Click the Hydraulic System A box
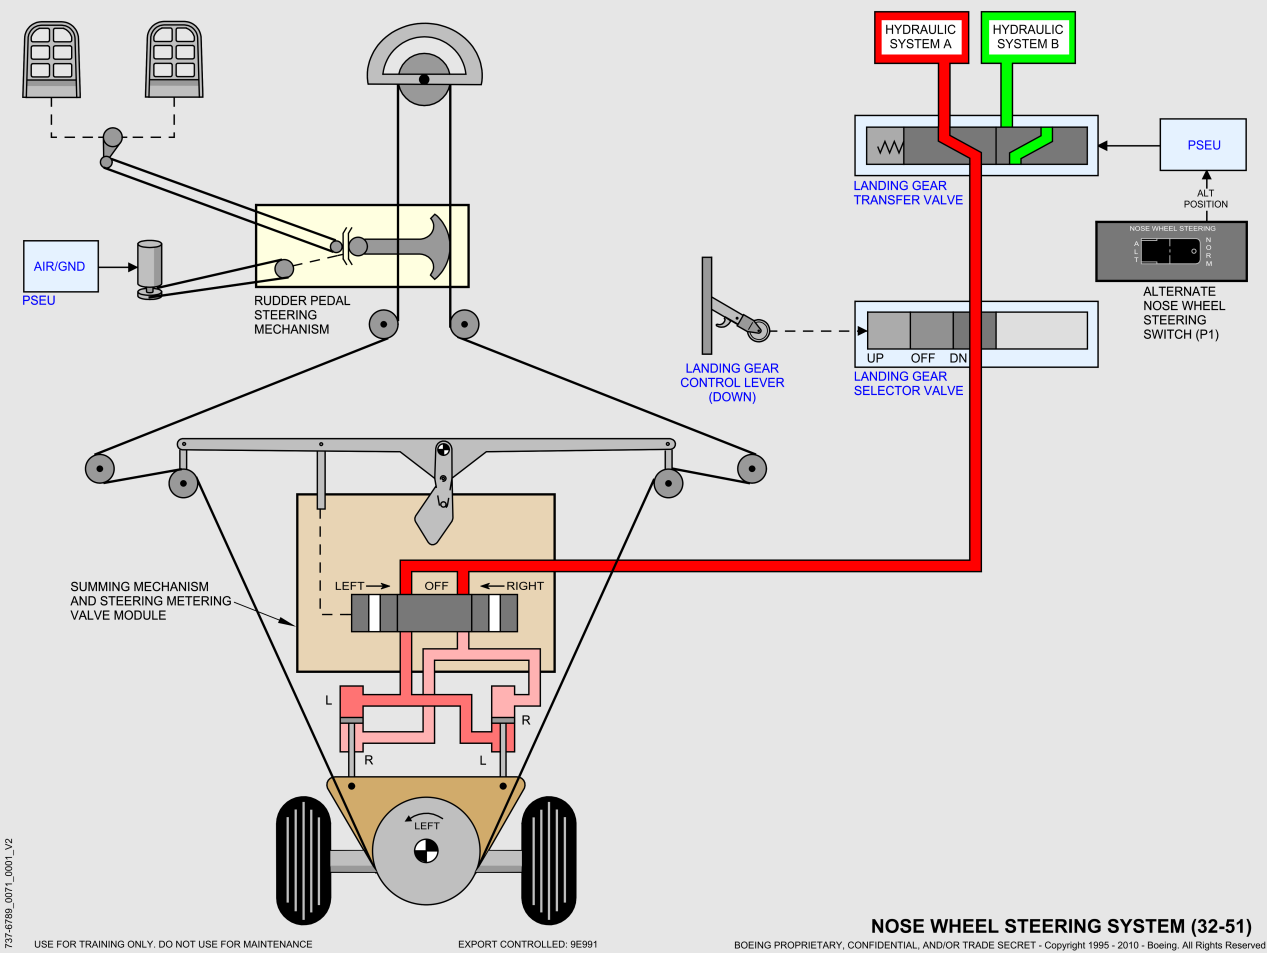tap(921, 37)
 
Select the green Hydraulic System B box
tap(1028, 37)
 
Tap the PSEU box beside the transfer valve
tap(1203, 145)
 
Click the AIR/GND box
tap(60, 267)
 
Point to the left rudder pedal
tap(52, 60)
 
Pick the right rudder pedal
tap(175, 60)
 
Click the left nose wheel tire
tap(303, 859)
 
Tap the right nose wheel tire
tap(549, 859)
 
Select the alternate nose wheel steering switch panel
tap(1171, 251)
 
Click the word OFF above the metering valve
tap(436, 586)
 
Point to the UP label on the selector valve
tap(875, 358)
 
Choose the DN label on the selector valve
tap(958, 358)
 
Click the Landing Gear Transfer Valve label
tap(908, 193)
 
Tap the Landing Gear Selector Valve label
tap(908, 384)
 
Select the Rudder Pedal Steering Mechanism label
tap(302, 315)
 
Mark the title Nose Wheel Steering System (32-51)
tap(1060, 926)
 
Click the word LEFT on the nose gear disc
tap(427, 825)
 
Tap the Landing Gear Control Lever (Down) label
tap(732, 383)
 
